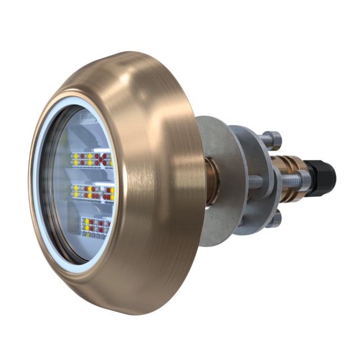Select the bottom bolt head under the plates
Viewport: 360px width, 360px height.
pyautogui.click(x=273, y=219)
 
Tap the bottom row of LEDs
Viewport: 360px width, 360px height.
pyautogui.click(x=96, y=226)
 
